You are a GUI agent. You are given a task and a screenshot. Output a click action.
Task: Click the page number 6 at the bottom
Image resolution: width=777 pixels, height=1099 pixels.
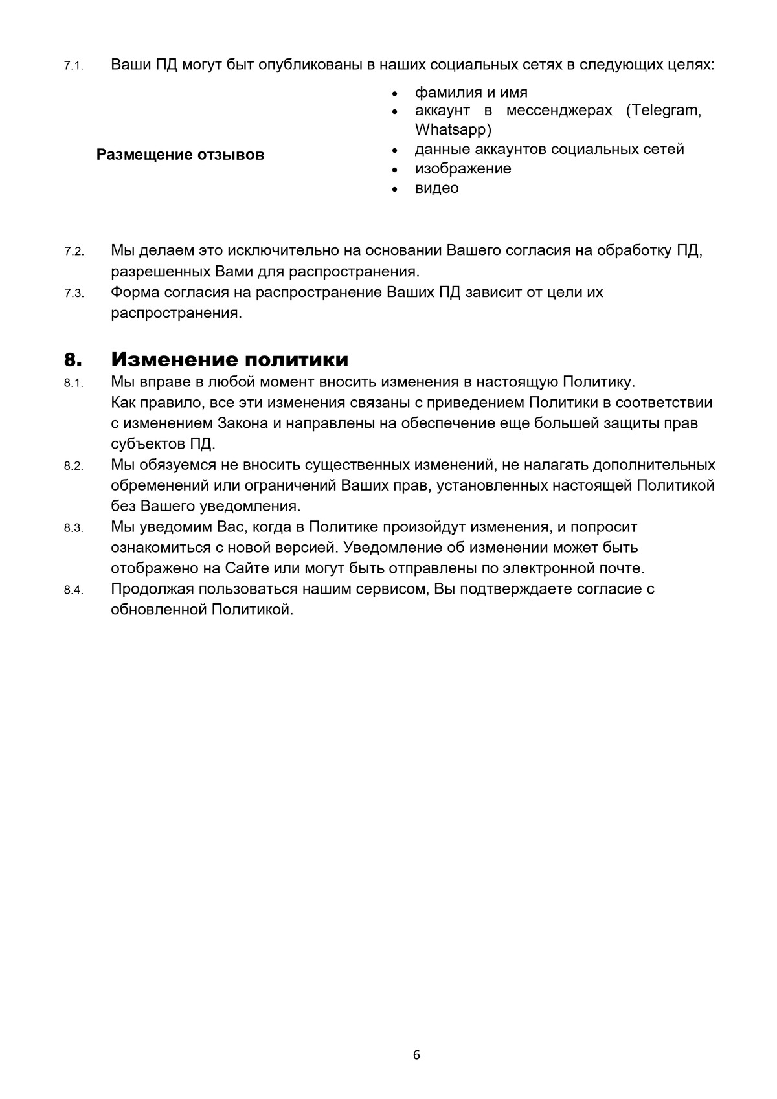point(416,1055)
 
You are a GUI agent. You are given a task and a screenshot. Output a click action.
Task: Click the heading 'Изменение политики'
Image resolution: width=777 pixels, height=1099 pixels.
point(230,359)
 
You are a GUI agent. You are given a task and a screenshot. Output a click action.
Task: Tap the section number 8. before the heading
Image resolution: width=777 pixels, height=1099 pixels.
point(73,359)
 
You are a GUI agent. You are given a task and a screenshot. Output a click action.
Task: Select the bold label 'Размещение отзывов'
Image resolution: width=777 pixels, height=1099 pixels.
point(180,155)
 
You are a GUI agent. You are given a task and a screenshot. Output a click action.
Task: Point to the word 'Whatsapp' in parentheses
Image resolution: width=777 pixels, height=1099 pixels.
point(451,129)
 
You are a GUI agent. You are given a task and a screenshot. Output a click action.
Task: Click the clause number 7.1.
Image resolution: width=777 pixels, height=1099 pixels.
point(74,67)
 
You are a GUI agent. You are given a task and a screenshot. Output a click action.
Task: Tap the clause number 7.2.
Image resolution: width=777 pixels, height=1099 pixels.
point(74,252)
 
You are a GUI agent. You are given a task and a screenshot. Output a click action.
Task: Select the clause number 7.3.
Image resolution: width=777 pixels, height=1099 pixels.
point(74,293)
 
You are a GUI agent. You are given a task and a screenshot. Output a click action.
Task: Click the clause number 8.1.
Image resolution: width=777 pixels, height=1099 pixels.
point(74,383)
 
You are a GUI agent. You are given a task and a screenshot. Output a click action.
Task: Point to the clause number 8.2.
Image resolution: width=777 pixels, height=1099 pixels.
point(74,466)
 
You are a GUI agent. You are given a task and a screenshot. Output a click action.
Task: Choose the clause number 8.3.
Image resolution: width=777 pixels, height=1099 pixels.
point(74,528)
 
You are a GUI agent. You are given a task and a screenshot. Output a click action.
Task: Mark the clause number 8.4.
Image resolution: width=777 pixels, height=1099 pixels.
point(74,590)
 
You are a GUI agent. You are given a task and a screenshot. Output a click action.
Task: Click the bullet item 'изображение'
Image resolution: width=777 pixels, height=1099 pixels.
point(463,169)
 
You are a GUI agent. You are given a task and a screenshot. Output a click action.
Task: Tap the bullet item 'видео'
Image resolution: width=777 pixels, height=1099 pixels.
point(436,188)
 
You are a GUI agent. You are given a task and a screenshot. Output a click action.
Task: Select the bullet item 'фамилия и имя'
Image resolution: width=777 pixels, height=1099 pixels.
point(471,93)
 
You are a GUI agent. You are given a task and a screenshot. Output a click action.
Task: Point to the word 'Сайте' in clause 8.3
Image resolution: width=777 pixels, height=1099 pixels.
point(247,568)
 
